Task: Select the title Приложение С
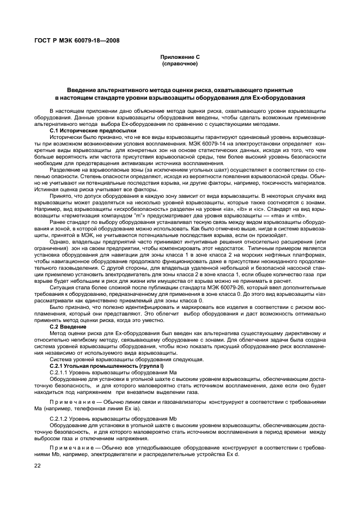coord(179,57)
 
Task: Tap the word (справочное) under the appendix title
coord(179,64)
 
